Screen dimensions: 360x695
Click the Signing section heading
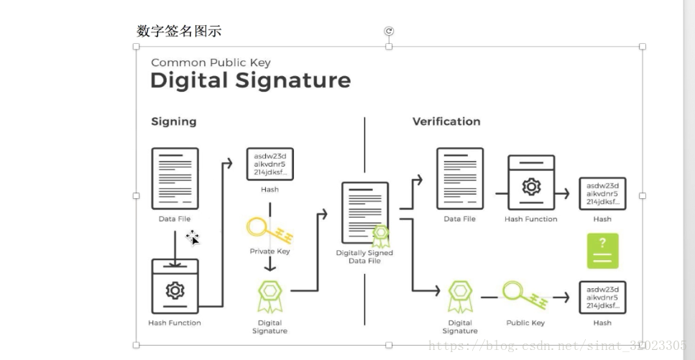173,121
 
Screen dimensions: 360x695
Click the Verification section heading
446,121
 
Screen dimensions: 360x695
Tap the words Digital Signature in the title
250,80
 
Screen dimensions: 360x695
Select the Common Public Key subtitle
211,63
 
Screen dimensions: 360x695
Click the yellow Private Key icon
270,230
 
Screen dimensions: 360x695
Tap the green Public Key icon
525,295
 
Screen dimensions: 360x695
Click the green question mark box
602,251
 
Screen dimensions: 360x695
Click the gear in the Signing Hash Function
175,290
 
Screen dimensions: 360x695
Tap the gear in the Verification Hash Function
531,187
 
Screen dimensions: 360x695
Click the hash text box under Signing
270,165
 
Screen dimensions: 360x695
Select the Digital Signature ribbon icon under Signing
270,297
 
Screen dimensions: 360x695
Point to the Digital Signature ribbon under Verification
460,297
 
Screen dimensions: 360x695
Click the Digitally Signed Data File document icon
365,213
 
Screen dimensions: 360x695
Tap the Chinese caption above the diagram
179,31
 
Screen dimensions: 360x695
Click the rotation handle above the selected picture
389,31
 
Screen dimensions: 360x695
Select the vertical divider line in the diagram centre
364,216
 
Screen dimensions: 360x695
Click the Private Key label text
270,251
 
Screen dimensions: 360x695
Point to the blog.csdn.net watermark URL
557,346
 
